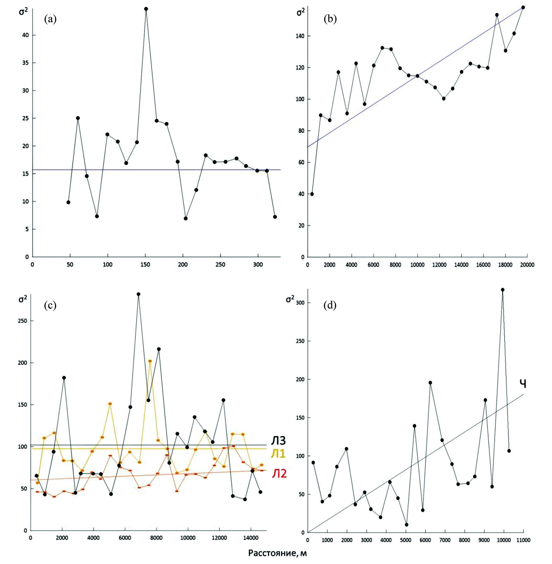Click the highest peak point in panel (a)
tap(146, 9)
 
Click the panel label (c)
tap(50, 305)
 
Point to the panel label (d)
tap(330, 305)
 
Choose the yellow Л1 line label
tap(279, 453)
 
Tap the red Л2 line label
tap(279, 473)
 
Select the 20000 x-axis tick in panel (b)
tap(527, 265)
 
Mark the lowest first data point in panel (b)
tap(312, 194)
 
